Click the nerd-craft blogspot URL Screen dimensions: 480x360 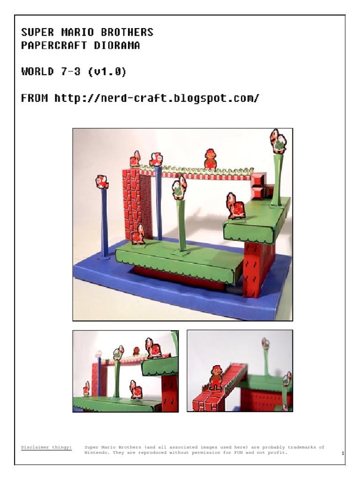[x=157, y=99]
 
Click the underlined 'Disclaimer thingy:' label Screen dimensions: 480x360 [x=46, y=447]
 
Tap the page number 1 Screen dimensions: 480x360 [x=343, y=453]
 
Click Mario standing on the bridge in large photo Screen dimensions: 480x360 [x=210, y=159]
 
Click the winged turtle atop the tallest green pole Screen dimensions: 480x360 [x=278, y=141]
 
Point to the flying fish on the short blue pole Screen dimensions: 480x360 [x=102, y=181]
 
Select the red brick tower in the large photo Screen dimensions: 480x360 [x=136, y=202]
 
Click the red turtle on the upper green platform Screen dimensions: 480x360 [x=235, y=206]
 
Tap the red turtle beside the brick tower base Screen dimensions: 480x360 [x=138, y=234]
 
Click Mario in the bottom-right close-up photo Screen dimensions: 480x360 [x=216, y=377]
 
